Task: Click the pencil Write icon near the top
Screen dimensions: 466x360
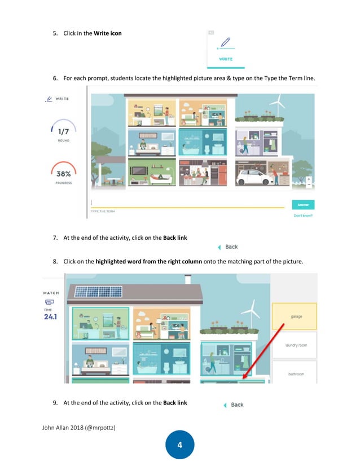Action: coord(226,42)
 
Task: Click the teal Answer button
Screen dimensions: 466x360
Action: coord(303,205)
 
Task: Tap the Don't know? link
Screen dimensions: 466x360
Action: coord(303,215)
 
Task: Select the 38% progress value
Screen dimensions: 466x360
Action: coord(63,174)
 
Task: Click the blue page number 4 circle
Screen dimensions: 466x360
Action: coord(179,446)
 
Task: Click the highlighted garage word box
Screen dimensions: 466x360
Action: coord(294,316)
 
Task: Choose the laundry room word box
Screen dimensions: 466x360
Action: coord(294,345)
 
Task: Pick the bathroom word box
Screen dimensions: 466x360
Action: coord(294,374)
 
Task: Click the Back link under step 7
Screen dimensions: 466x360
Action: coord(229,247)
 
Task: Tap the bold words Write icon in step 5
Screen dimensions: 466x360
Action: coord(107,33)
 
